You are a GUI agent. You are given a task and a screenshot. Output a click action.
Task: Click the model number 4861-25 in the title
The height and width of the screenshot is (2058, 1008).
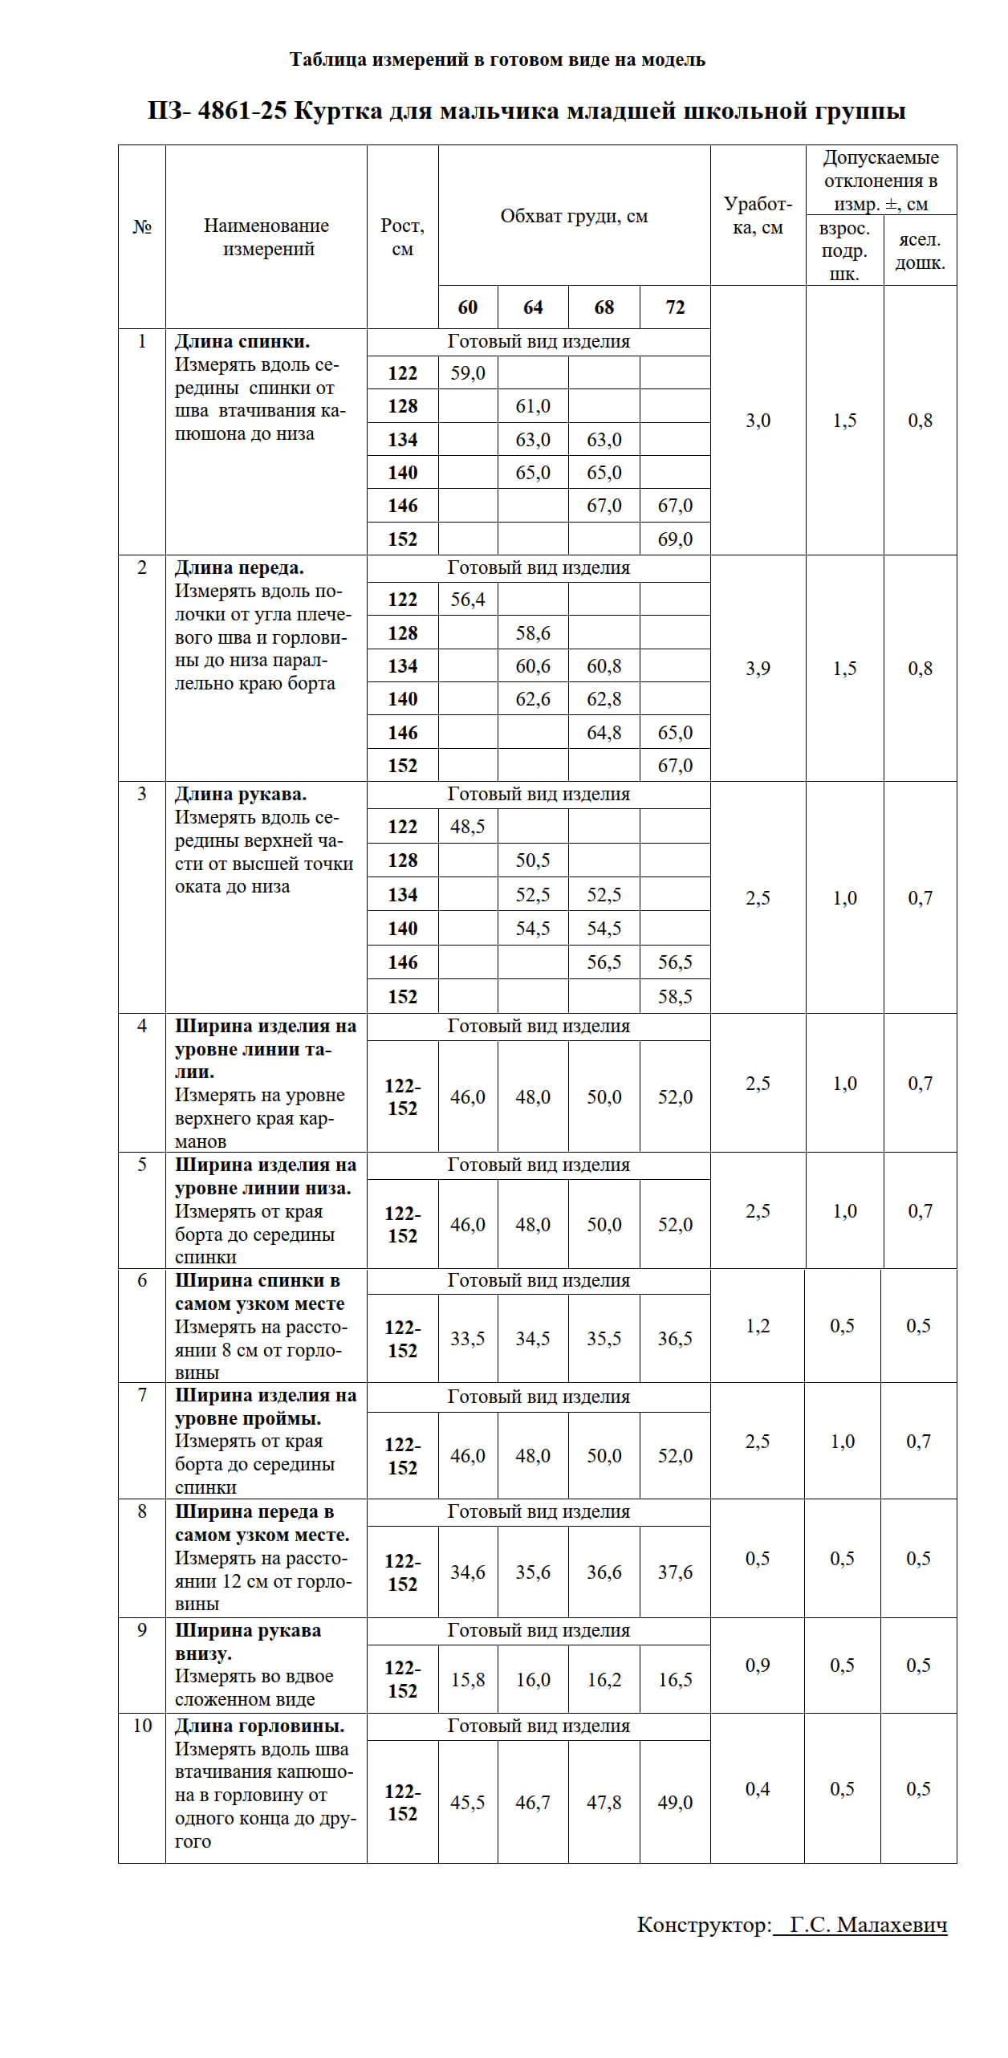click(x=242, y=111)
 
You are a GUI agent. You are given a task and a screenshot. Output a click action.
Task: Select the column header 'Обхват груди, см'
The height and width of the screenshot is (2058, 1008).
click(x=574, y=216)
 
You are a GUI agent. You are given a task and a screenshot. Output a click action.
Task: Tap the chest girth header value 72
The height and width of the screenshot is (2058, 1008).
click(x=675, y=307)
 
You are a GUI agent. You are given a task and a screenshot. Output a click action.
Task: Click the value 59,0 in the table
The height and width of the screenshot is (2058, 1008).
click(x=468, y=373)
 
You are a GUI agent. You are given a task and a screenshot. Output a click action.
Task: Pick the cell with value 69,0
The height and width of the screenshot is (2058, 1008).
click(x=675, y=539)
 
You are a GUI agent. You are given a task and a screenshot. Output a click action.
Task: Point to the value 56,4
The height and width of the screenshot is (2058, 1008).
click(x=468, y=600)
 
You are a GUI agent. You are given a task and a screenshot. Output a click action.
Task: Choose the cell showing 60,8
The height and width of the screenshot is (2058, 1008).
click(x=604, y=666)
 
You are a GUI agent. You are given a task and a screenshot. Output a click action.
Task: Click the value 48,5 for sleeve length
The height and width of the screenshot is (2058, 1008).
click(x=468, y=827)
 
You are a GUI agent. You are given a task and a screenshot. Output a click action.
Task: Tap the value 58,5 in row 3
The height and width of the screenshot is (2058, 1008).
click(x=675, y=997)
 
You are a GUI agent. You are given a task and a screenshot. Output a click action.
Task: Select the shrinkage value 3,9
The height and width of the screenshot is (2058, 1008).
click(x=758, y=669)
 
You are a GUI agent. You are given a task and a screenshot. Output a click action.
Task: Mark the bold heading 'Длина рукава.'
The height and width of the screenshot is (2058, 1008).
click(x=241, y=795)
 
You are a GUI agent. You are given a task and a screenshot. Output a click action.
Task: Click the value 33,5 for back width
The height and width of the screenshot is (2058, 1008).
click(x=468, y=1339)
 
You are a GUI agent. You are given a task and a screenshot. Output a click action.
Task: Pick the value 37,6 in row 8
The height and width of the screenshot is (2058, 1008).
click(x=675, y=1572)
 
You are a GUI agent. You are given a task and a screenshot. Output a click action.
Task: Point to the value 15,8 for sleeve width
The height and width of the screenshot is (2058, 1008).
click(x=468, y=1680)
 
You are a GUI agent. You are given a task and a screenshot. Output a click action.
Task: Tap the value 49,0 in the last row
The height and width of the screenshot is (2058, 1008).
click(x=675, y=1803)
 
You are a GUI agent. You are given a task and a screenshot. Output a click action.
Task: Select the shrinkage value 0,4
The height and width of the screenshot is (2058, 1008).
click(x=758, y=1789)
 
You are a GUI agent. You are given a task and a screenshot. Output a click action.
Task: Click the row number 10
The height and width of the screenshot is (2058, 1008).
click(x=142, y=1726)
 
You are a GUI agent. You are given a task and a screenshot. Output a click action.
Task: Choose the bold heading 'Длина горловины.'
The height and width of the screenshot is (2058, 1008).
click(x=260, y=1726)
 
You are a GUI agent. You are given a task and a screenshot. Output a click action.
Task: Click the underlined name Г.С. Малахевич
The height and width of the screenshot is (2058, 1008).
click(x=868, y=1925)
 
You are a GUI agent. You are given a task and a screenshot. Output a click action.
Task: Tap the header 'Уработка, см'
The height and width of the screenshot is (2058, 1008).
click(x=758, y=215)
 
